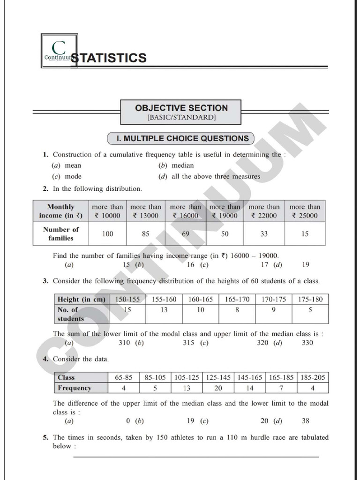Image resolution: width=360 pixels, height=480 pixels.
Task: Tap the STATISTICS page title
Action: tap(108, 58)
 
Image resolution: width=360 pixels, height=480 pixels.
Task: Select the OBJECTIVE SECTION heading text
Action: tap(181, 108)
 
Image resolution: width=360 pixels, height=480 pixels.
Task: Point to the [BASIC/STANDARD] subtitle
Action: tap(181, 117)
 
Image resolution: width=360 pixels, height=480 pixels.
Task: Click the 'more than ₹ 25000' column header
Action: tap(305, 211)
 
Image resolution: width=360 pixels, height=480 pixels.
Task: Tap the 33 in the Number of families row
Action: tap(264, 233)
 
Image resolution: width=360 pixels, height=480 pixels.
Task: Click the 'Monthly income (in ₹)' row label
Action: tap(60, 211)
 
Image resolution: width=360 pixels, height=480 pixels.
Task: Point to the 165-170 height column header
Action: tap(237, 299)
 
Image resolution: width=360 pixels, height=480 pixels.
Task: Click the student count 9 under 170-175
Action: tap(273, 309)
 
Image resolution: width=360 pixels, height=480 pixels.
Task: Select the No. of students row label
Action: tap(71, 314)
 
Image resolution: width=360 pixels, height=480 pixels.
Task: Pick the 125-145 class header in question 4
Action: tap(218, 377)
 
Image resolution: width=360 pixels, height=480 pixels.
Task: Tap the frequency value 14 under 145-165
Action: tap(249, 388)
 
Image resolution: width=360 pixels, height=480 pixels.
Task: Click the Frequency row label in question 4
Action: tap(75, 388)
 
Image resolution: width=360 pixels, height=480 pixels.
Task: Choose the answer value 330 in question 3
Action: tap(308, 343)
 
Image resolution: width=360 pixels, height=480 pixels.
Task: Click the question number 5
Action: tap(45, 437)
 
